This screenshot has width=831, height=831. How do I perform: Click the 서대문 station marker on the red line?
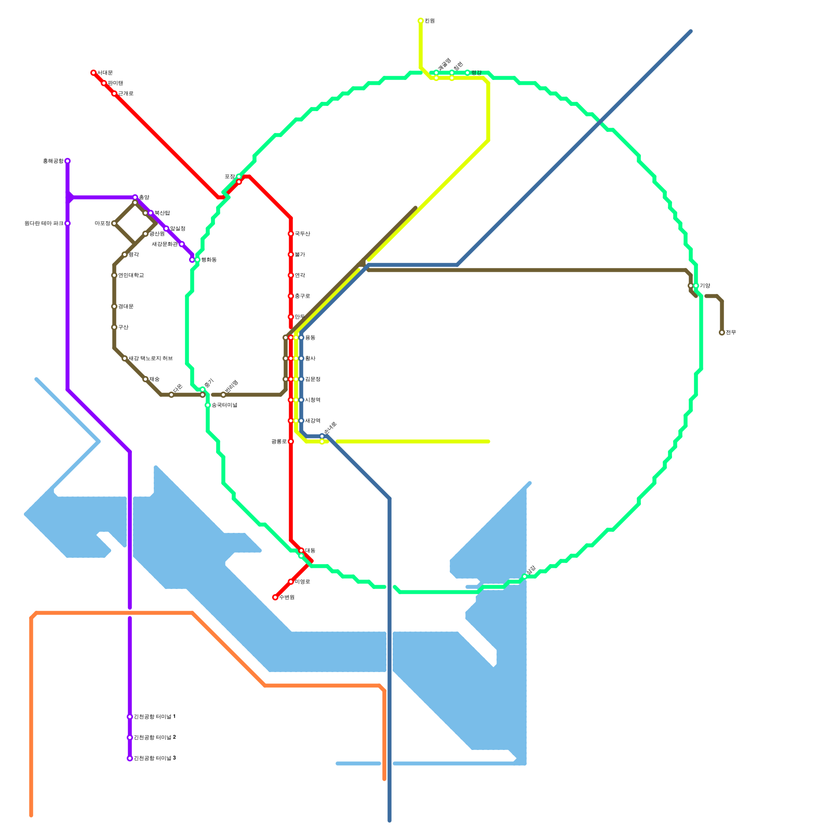click(x=93, y=73)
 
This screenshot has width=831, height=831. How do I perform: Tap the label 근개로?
click(x=126, y=93)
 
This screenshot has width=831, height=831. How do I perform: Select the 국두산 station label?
click(x=302, y=234)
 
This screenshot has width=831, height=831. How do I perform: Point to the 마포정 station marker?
click(x=114, y=223)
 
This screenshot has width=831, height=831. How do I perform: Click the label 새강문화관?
click(x=165, y=244)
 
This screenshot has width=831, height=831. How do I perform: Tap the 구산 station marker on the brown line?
click(x=114, y=327)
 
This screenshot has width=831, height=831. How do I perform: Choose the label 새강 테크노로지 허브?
click(x=151, y=358)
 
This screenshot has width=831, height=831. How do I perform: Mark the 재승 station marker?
click(x=145, y=379)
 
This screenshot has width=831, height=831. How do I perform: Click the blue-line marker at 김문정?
click(x=301, y=379)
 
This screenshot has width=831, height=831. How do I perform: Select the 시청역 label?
click(x=313, y=400)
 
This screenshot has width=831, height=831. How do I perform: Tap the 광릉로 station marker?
click(x=291, y=441)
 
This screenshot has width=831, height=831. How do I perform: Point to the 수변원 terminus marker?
click(x=275, y=597)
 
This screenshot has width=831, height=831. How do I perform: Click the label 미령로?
click(x=302, y=582)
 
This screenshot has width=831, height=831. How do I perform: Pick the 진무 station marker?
click(x=722, y=332)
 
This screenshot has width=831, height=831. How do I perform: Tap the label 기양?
click(x=705, y=286)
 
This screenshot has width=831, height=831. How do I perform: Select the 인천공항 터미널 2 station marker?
click(x=130, y=738)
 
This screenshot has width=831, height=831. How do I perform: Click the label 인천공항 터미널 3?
click(x=155, y=758)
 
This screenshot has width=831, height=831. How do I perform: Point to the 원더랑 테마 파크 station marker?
click(x=68, y=223)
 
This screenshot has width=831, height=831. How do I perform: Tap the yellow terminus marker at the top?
click(x=421, y=21)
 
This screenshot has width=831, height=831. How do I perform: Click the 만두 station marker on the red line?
click(x=291, y=317)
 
